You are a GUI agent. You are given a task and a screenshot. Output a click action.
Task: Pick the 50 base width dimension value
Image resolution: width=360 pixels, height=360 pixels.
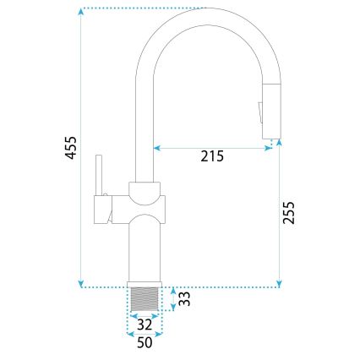144,343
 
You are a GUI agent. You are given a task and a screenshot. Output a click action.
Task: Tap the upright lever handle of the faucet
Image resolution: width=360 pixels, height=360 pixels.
99,176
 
